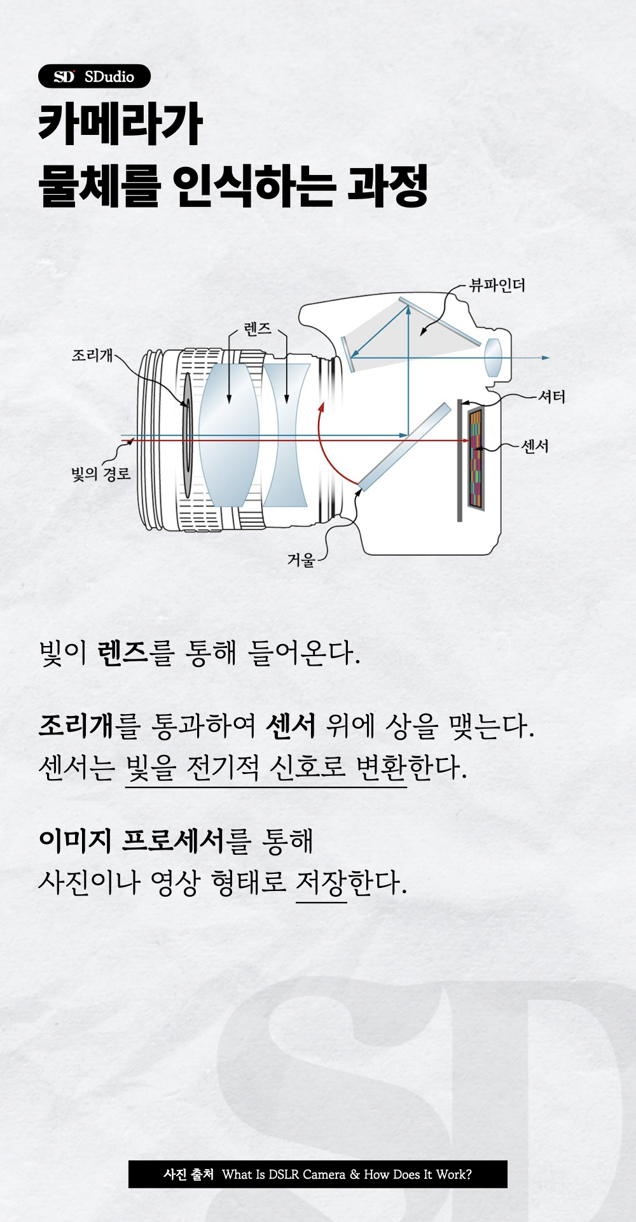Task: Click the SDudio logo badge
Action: [x=94, y=76]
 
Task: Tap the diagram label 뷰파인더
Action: [x=497, y=285]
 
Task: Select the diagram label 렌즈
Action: [x=258, y=329]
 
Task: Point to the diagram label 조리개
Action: [x=92, y=355]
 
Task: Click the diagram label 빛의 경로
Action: [x=100, y=474]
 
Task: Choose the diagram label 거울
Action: [x=301, y=560]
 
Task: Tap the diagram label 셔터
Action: [x=551, y=397]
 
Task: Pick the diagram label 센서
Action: [x=535, y=446]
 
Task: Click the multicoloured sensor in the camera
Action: [x=476, y=458]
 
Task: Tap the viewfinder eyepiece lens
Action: [x=494, y=358]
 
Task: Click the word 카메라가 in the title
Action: [x=121, y=124]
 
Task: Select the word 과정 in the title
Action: [x=387, y=186]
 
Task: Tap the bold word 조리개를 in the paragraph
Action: [x=89, y=726]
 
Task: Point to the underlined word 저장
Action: [x=321, y=883]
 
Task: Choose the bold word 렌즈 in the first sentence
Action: [x=123, y=653]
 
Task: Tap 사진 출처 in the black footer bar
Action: [x=188, y=1174]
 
